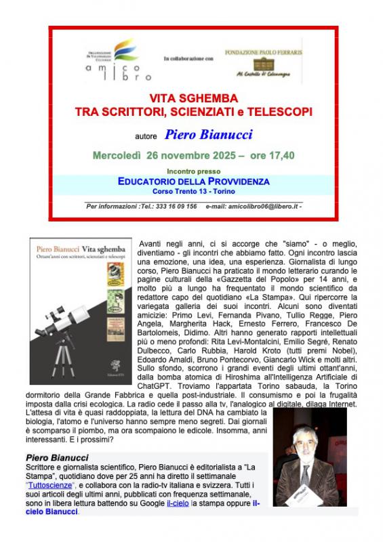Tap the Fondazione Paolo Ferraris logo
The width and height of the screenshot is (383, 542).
263,62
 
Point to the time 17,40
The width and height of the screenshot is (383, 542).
279,155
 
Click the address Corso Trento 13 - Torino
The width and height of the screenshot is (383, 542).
193,191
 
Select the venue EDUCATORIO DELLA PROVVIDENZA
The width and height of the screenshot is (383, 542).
193,182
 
